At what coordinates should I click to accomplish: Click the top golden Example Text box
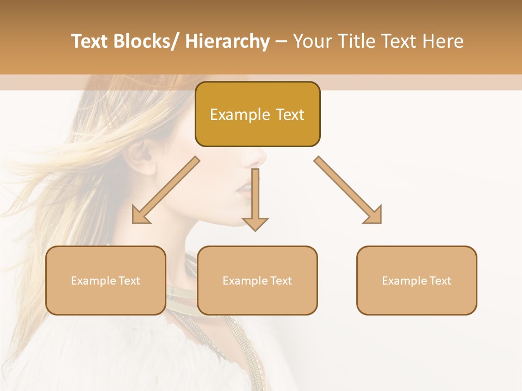[x=257, y=114]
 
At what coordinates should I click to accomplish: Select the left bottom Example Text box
[x=105, y=280]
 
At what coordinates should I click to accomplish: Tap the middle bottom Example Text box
[x=257, y=280]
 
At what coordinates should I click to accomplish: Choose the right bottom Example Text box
[x=417, y=280]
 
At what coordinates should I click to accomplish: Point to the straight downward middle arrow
[x=255, y=201]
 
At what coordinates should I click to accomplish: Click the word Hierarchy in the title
[x=228, y=41]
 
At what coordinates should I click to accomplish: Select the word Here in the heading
[x=444, y=41]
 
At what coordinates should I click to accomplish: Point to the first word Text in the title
[x=90, y=41]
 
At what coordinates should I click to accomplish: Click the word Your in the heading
[x=313, y=41]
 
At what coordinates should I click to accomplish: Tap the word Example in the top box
[x=240, y=115]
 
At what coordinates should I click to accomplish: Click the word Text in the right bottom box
[x=440, y=281]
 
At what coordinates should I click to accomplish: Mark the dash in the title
[x=281, y=42]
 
